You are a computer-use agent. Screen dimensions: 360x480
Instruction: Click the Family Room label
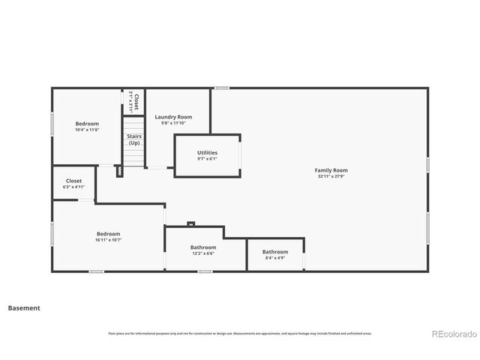pos(331,170)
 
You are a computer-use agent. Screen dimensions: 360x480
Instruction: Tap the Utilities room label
pos(207,153)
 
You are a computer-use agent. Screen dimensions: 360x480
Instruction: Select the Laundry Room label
pos(173,117)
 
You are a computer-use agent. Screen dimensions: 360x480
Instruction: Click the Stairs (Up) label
pos(133,139)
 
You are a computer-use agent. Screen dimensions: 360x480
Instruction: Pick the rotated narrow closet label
pos(133,102)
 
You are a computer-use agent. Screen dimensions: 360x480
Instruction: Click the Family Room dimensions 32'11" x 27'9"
pos(331,176)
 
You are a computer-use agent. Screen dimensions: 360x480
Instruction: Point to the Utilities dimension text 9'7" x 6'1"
pos(207,159)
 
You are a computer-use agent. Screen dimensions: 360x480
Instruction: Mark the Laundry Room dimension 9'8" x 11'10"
pos(173,123)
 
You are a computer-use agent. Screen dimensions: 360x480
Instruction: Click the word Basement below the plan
pos(24,307)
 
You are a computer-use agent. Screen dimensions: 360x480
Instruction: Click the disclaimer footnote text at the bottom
pos(240,334)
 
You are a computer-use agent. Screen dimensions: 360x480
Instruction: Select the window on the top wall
pos(221,88)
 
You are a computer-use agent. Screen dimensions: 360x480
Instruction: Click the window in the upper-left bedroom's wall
pos(52,124)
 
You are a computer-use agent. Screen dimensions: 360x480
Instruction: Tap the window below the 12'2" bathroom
pos(205,271)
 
